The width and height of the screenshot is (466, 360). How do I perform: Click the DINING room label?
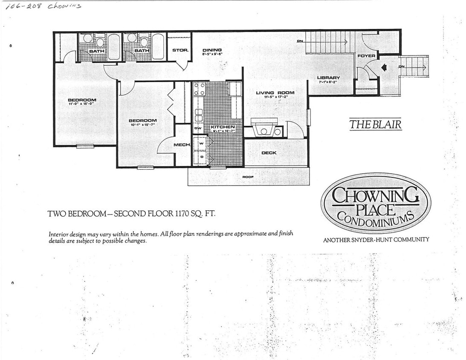point(212,50)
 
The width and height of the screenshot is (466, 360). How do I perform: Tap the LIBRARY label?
point(328,78)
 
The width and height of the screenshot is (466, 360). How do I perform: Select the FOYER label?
point(366,56)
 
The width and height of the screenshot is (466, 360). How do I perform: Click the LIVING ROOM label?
point(275,93)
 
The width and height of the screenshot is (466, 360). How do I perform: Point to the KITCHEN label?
point(223,127)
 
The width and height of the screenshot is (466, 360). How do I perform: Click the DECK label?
point(269,153)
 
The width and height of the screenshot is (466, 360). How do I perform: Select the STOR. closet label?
point(180,50)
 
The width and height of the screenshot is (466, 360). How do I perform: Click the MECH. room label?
point(181,145)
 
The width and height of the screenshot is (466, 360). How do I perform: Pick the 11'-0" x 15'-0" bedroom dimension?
point(82,104)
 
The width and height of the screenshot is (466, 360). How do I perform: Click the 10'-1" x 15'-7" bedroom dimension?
point(142,125)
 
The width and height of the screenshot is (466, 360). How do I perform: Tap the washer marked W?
point(201,143)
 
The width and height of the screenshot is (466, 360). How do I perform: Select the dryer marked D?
point(201,157)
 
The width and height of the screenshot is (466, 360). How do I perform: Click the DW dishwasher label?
point(198,128)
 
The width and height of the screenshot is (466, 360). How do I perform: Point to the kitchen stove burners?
point(199,89)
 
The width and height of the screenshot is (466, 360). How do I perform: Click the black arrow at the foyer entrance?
point(384,67)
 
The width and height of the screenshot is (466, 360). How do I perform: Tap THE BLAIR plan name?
point(375,124)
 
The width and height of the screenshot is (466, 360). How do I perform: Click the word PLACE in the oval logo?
point(375,209)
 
